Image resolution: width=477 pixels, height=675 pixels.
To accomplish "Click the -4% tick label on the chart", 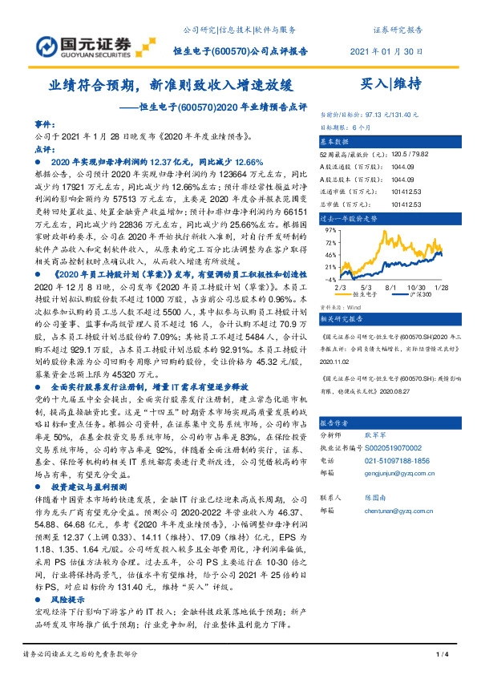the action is point(329,279).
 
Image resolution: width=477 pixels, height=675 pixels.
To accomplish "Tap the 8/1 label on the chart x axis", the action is point(392,285).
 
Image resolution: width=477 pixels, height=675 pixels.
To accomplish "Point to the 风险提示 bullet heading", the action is point(68,599).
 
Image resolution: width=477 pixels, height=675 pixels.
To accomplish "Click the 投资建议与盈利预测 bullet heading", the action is point(89,487).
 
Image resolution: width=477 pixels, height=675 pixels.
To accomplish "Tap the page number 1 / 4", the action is point(441,657).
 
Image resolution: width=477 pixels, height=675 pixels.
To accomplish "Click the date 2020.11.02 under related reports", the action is point(335,361).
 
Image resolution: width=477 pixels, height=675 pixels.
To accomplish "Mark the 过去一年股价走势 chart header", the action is point(348,217).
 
